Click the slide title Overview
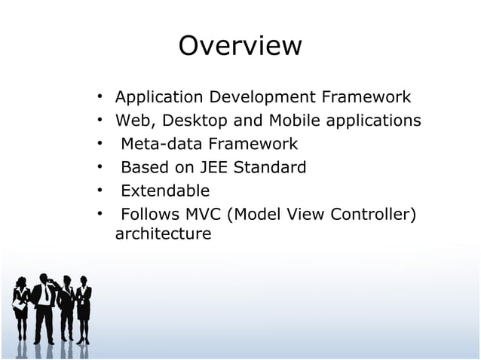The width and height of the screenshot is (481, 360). [240, 46]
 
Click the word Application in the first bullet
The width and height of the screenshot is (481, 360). [159, 97]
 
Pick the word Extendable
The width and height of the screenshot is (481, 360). [165, 191]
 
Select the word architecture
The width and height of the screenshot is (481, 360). [163, 234]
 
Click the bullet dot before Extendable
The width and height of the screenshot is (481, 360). [99, 191]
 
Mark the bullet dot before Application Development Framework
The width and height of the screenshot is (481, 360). [99, 97]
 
